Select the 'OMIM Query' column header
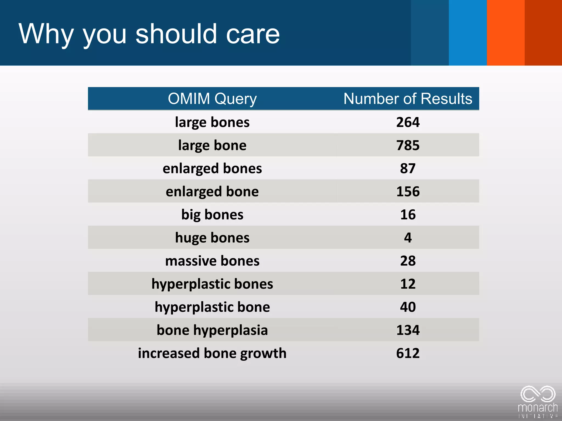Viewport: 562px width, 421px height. point(212,99)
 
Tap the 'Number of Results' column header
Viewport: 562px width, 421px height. point(408,99)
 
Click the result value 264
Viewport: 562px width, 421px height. point(408,122)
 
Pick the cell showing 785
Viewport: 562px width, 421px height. point(408,145)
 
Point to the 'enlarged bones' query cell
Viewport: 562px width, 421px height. point(212,168)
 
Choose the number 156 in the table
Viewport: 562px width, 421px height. point(408,191)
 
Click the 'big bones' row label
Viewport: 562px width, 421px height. point(212,215)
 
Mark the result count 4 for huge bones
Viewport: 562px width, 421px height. point(408,238)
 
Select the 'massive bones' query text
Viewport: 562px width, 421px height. point(212,261)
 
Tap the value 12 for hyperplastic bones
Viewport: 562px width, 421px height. point(408,284)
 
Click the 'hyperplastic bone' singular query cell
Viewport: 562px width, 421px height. point(212,307)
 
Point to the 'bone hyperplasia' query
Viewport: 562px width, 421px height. point(212,330)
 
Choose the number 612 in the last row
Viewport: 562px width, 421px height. point(408,353)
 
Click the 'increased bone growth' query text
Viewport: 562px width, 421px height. point(212,353)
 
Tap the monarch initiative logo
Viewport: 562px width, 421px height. point(538,402)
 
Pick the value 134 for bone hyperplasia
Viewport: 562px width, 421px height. point(408,330)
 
